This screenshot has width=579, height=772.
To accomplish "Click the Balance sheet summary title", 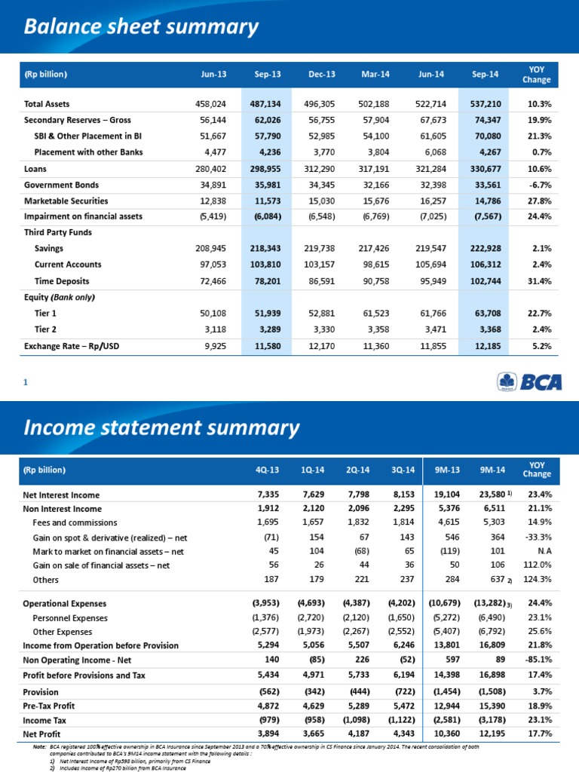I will (141, 28).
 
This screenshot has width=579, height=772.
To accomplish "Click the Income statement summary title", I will (162, 427).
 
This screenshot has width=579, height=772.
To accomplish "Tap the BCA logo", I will (531, 382).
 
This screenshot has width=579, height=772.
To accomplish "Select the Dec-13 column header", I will (322, 75).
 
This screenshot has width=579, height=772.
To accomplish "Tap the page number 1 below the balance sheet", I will (25, 382).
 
